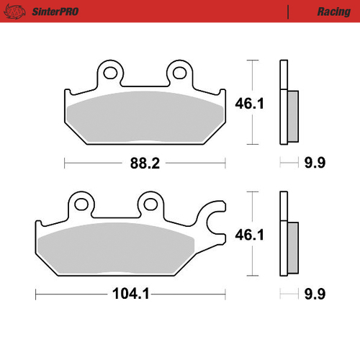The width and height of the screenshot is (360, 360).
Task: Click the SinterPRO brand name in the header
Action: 55,12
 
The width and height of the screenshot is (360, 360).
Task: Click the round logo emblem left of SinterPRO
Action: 19,12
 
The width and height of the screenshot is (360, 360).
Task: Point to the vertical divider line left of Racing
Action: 289,12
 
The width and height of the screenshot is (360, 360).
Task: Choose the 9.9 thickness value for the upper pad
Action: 315,163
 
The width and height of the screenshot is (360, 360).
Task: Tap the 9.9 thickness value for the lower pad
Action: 315,294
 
